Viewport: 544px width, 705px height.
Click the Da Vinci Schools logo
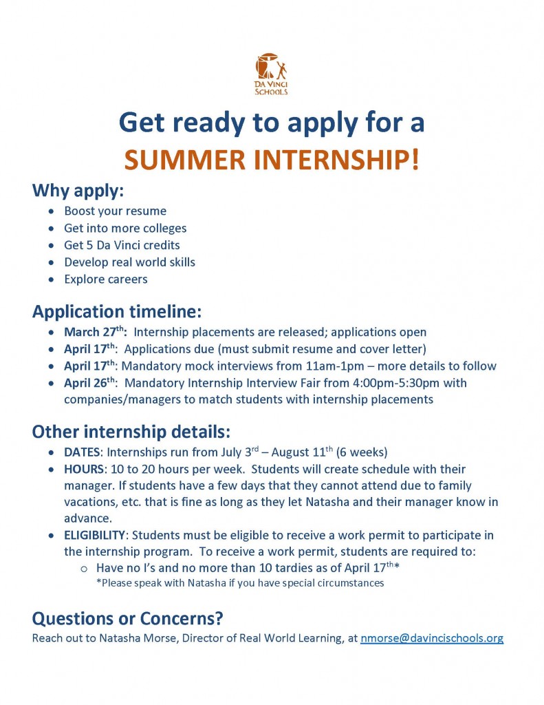[x=271, y=74]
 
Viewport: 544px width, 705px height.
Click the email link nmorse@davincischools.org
[x=431, y=638]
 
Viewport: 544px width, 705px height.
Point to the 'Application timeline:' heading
[x=117, y=311]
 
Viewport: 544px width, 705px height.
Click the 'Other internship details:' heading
[x=131, y=432]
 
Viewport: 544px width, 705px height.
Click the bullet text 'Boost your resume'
[x=115, y=211]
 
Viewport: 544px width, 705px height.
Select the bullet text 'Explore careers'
[x=106, y=279]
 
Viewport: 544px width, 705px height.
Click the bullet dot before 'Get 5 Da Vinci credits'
[x=52, y=246]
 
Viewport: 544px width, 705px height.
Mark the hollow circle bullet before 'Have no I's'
[x=83, y=569]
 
